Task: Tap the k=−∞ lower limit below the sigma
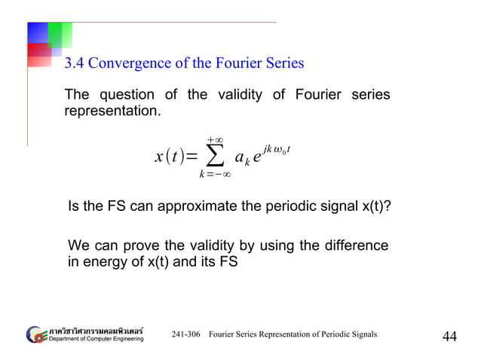(x=215, y=175)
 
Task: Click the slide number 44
(x=449, y=336)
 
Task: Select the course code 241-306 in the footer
(x=186, y=334)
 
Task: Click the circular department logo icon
(x=35, y=334)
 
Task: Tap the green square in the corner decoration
(x=60, y=34)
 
